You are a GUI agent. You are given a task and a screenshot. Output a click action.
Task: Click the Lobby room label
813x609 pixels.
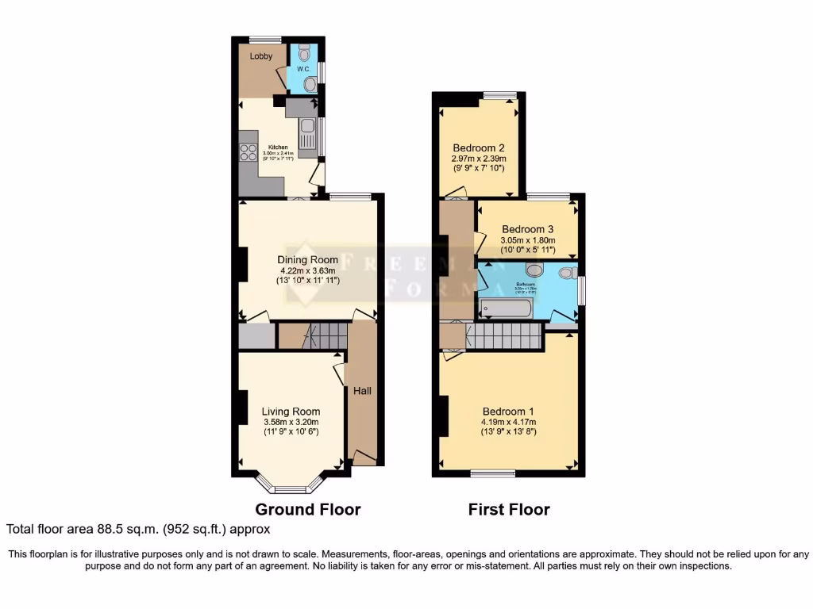coord(261,56)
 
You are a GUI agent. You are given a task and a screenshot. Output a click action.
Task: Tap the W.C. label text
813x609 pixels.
coord(302,69)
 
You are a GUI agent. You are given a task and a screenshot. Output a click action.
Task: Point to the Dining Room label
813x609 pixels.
coord(307,259)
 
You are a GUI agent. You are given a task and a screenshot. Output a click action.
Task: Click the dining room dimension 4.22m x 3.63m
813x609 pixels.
coord(307,271)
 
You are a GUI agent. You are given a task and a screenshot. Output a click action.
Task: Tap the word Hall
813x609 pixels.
coord(362,391)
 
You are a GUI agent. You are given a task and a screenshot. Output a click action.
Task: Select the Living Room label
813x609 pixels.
coord(291,412)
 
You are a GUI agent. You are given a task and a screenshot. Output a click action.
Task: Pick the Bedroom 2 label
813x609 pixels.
coord(478,147)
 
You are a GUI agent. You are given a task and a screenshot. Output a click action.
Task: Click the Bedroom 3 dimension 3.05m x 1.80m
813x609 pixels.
coord(527,241)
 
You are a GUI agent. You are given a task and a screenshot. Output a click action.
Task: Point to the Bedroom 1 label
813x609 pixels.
coord(508,412)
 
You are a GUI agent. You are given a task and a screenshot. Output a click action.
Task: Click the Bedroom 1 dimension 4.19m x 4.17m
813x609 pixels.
coord(508,423)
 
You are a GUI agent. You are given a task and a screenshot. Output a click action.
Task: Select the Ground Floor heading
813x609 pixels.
coord(307,509)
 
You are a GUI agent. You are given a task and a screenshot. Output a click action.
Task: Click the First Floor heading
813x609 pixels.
coord(509,509)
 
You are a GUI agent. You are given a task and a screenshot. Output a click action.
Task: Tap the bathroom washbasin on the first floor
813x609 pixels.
coord(534,270)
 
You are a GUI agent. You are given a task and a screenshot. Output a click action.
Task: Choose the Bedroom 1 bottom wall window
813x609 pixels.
coord(492,473)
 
